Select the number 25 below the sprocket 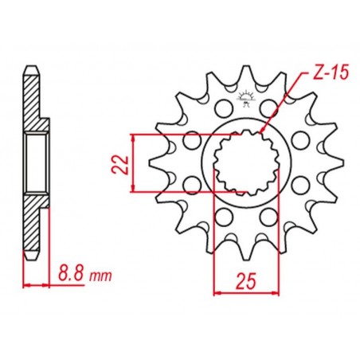click(247, 281)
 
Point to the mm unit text click(100, 276)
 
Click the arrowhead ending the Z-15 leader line click(262, 130)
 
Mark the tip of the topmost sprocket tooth click(246, 66)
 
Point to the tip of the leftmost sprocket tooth click(150, 162)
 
